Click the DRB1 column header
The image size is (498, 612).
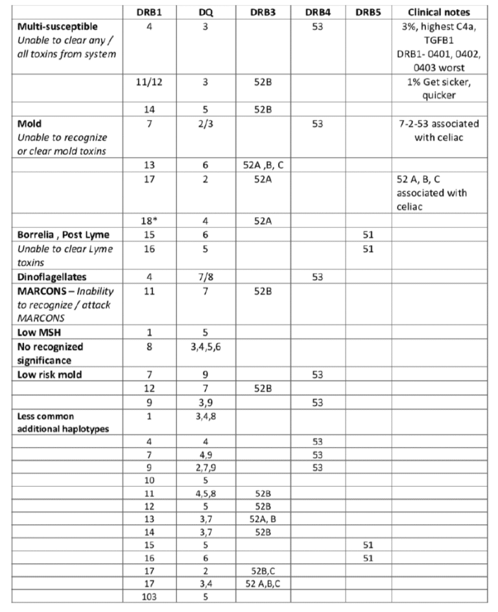[x=150, y=12]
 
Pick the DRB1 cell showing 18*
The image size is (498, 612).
[x=150, y=220]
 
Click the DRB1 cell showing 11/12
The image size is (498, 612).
[x=150, y=82]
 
